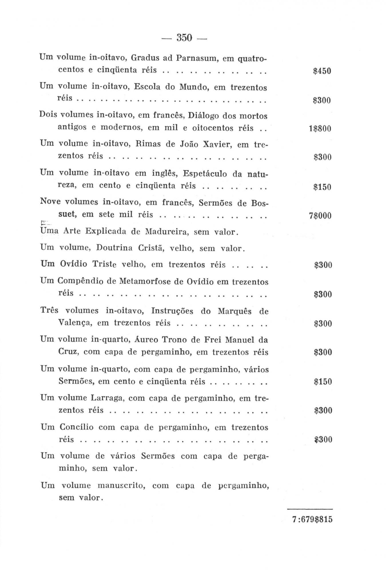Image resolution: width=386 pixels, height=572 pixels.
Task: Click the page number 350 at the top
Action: (x=184, y=37)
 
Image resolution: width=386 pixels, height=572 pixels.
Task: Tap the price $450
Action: (x=322, y=71)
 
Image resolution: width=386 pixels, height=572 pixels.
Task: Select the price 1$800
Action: (x=320, y=129)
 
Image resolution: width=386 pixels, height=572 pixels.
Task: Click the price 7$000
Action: (x=320, y=215)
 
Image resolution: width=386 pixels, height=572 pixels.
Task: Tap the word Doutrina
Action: (x=114, y=248)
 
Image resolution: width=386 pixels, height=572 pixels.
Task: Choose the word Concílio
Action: (x=76, y=427)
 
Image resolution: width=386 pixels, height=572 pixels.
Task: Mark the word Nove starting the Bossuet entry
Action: (x=50, y=202)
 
